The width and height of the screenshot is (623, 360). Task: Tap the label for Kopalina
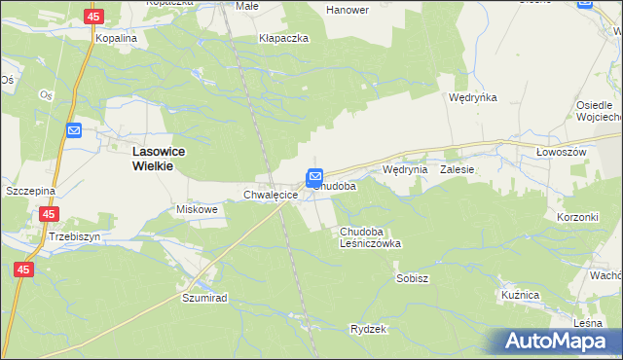tap(116, 37)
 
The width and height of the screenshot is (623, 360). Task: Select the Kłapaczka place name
tap(283, 38)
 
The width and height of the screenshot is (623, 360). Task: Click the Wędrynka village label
tap(473, 98)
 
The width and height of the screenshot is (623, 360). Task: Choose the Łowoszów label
tap(561, 154)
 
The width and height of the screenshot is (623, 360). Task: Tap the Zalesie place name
tap(457, 169)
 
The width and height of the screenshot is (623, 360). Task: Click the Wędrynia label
tap(405, 169)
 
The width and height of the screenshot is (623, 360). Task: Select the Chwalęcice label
tap(270, 196)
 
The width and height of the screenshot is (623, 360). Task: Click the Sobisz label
tap(413, 278)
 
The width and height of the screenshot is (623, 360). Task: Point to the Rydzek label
tap(369, 329)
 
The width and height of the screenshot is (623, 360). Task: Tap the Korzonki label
tap(576, 217)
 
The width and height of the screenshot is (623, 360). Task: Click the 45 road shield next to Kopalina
tap(93, 17)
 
